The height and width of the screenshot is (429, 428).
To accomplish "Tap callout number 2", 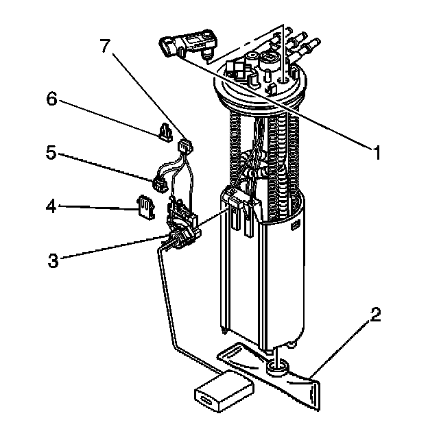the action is pos(374,317).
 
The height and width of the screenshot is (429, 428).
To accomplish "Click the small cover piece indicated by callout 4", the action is pos(145,206).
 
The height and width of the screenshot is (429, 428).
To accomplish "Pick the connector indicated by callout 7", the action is pos(185,146).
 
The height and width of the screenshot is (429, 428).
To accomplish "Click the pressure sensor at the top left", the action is pos(189,45).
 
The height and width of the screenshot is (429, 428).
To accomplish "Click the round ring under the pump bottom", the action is pos(276,371).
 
